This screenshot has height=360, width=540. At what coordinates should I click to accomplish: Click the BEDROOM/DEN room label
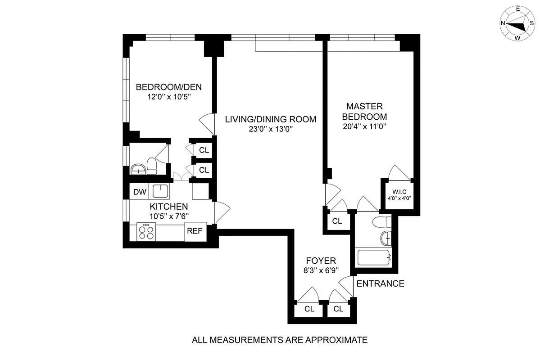pos(169,86)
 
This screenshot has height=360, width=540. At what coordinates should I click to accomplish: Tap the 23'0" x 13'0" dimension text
pos(270,130)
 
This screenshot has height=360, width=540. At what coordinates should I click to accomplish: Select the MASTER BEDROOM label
pos(364,112)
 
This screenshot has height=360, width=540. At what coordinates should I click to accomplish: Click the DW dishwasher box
pos(140,192)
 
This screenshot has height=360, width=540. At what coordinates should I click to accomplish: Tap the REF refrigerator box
pos(195,232)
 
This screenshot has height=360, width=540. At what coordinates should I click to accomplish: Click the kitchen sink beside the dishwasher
pos(160,191)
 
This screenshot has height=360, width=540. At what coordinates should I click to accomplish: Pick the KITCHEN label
pos(168,207)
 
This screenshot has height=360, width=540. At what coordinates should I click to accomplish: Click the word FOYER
pos(321,261)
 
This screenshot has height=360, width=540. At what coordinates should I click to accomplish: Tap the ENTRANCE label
pos(380,283)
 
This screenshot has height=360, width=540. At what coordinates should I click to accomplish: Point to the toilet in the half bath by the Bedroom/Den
pos(152,166)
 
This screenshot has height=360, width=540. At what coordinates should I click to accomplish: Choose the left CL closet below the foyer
pos(309,309)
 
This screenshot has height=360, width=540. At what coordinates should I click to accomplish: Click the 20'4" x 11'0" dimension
pos(364,126)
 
